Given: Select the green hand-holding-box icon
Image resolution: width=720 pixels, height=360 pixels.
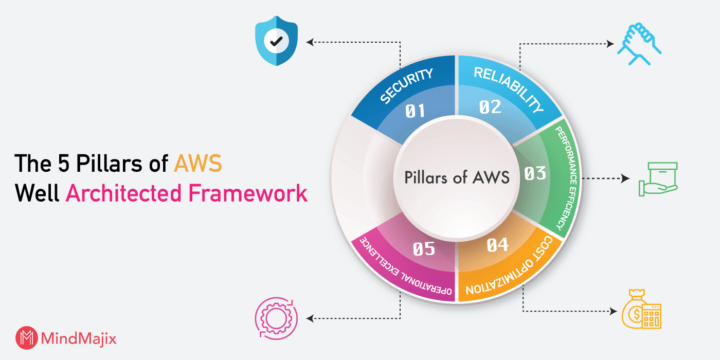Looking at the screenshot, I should coord(658,179).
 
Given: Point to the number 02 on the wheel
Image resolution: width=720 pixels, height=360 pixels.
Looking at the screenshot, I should coord(490,107).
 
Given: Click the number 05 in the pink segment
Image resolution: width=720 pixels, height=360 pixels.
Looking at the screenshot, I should coord(424,249).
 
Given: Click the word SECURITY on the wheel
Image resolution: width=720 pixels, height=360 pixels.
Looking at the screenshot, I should coord(406,86).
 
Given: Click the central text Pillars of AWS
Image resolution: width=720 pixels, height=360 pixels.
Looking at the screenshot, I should coord(457,177).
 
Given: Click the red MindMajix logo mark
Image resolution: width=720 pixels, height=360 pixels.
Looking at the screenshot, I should coord(26,338).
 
